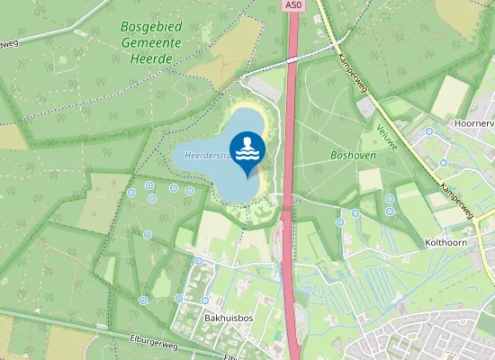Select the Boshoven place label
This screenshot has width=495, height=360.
353,156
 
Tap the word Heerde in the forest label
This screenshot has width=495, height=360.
151,58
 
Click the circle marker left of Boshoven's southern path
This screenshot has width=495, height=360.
340,221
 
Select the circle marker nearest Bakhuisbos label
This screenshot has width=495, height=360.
205,300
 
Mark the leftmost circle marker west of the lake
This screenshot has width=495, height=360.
131,193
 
